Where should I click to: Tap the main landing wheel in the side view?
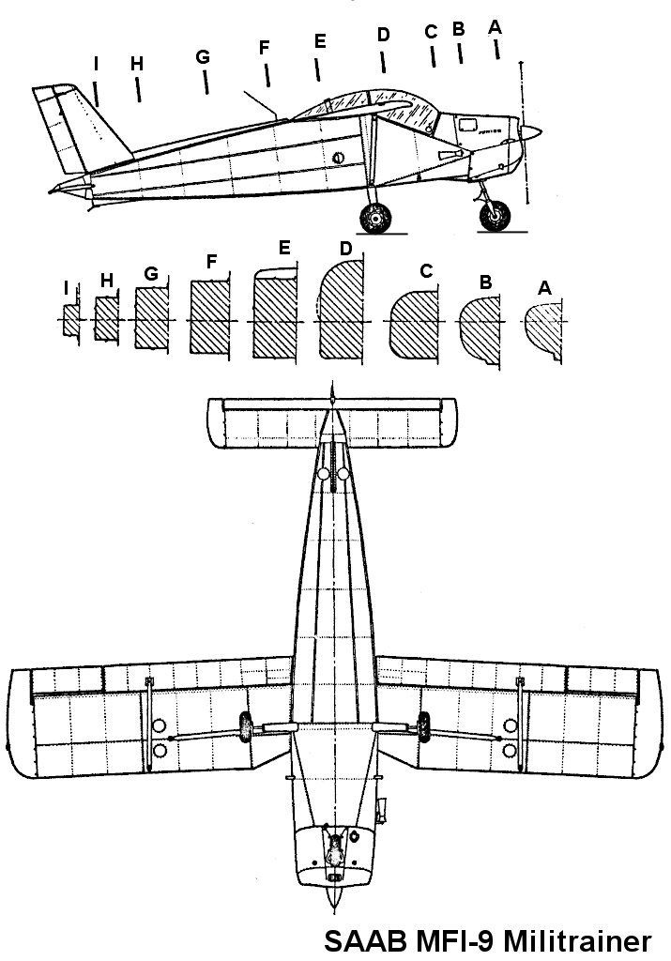[376, 219]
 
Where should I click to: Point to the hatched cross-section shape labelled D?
[343, 313]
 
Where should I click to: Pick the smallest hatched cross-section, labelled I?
[69, 321]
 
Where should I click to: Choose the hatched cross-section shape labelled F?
[209, 316]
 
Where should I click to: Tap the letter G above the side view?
[203, 56]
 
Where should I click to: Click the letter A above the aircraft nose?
[495, 27]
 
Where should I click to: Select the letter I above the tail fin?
[96, 63]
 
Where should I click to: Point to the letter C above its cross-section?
[427, 271]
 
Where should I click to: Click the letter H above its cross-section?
[106, 281]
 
